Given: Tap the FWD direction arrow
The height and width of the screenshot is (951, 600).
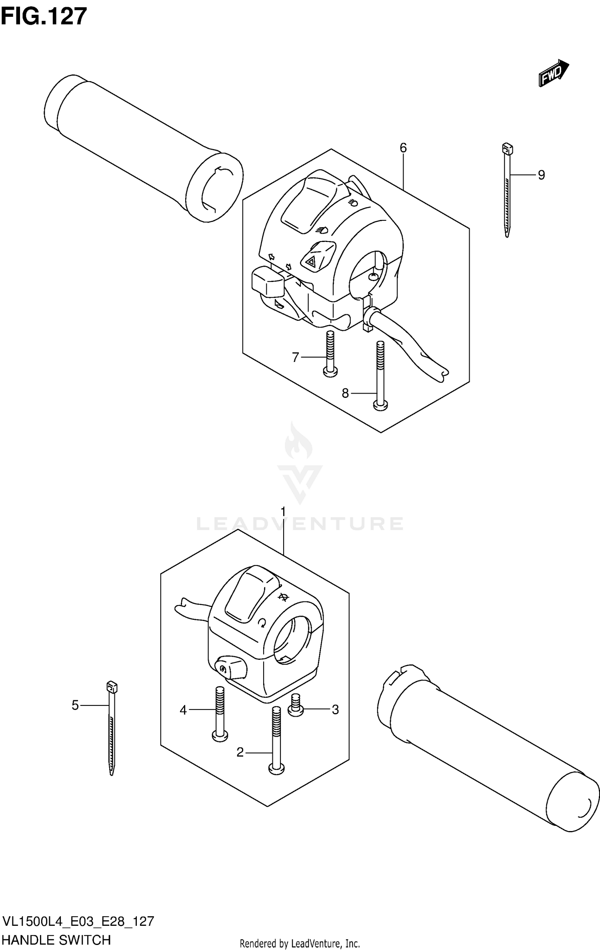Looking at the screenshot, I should tap(553, 73).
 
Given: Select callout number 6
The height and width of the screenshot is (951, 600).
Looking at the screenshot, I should tap(403, 148).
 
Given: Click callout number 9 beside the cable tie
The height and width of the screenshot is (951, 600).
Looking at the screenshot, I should tap(541, 175).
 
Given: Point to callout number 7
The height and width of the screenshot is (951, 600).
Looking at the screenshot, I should tap(296, 357).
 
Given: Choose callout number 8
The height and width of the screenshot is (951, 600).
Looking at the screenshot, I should tap(345, 394).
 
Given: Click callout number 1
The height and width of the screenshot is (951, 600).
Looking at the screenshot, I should tap(283, 511).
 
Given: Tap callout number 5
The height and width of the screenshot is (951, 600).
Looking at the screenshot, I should tap(75, 705).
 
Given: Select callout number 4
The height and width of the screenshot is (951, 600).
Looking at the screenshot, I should tap(183, 710).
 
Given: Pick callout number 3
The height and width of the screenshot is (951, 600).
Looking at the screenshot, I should tap(335, 709).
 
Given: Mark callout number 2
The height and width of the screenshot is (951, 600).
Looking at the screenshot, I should tap(240, 753).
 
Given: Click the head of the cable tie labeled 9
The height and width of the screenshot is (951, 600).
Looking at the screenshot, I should tap(507, 150).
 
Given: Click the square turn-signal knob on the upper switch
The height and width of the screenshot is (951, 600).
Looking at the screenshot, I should tap(267, 282).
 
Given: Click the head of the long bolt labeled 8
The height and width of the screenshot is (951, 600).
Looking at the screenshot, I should tap(380, 406).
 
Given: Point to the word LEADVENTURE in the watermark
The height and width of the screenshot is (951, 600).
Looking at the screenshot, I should tap(300, 523).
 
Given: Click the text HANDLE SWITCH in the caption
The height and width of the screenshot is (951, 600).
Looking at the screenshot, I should tap(57, 940).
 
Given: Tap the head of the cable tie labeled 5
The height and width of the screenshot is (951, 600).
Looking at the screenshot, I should tap(112, 687).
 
